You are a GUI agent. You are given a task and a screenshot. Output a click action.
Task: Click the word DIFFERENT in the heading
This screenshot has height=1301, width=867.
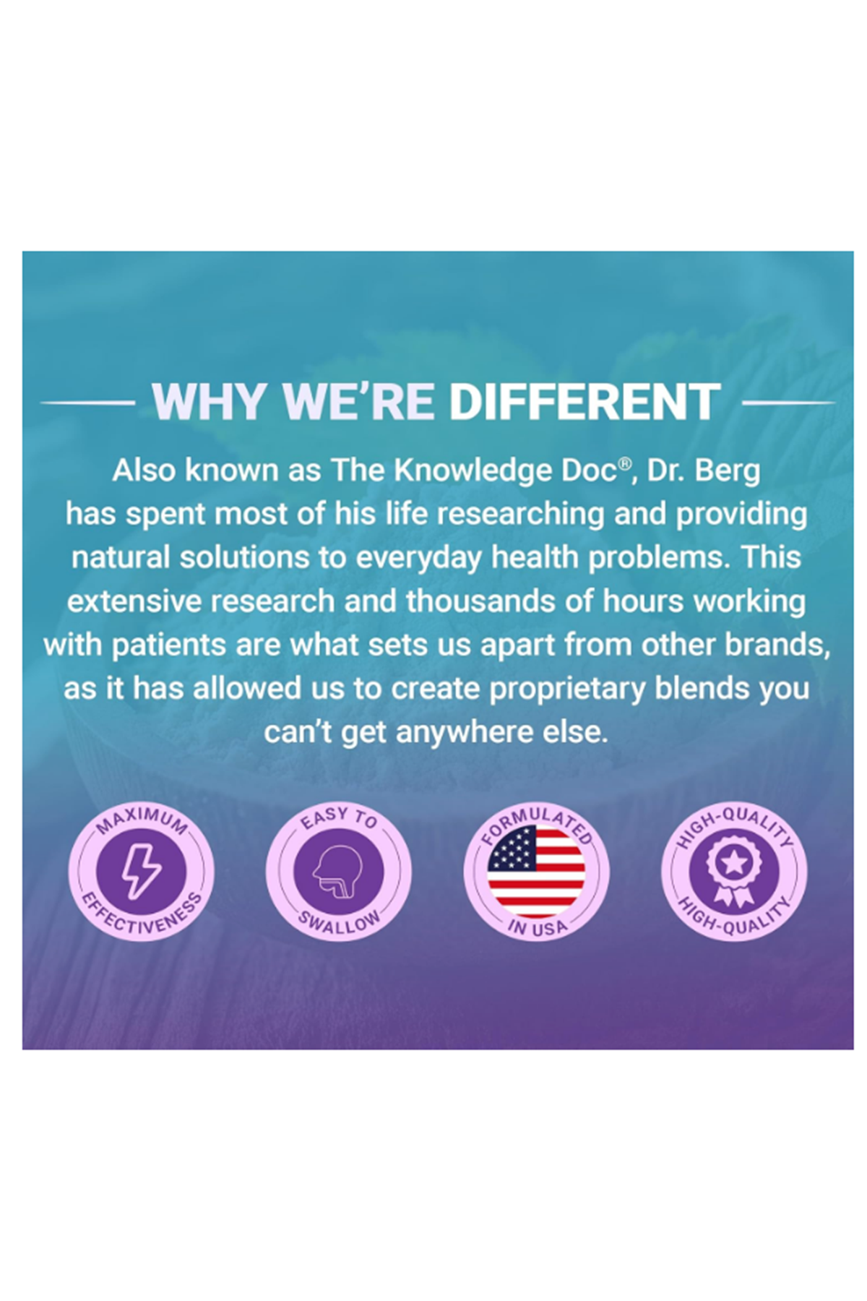pyautogui.click(x=585, y=402)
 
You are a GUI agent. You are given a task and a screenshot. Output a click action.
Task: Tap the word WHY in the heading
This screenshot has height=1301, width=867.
pyautogui.click(x=207, y=402)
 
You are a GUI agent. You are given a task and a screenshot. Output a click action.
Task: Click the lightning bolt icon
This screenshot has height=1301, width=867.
pyautogui.click(x=141, y=871)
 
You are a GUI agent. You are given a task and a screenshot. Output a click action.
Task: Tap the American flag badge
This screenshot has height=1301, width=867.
pyautogui.click(x=535, y=871)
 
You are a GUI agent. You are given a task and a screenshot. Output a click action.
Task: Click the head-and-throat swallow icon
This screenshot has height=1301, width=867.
pyautogui.click(x=337, y=871)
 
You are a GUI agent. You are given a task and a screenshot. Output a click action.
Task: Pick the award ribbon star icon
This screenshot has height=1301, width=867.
pyautogui.click(x=733, y=871)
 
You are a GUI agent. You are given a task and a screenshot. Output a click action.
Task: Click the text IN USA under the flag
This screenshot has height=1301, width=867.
pyautogui.click(x=535, y=927)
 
